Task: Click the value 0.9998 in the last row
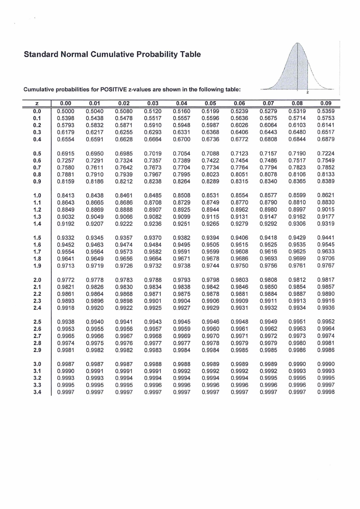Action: coord(326,392)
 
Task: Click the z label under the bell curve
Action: coord(308,93)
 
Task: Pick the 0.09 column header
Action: coord(326,103)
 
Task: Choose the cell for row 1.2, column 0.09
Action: coord(326,210)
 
